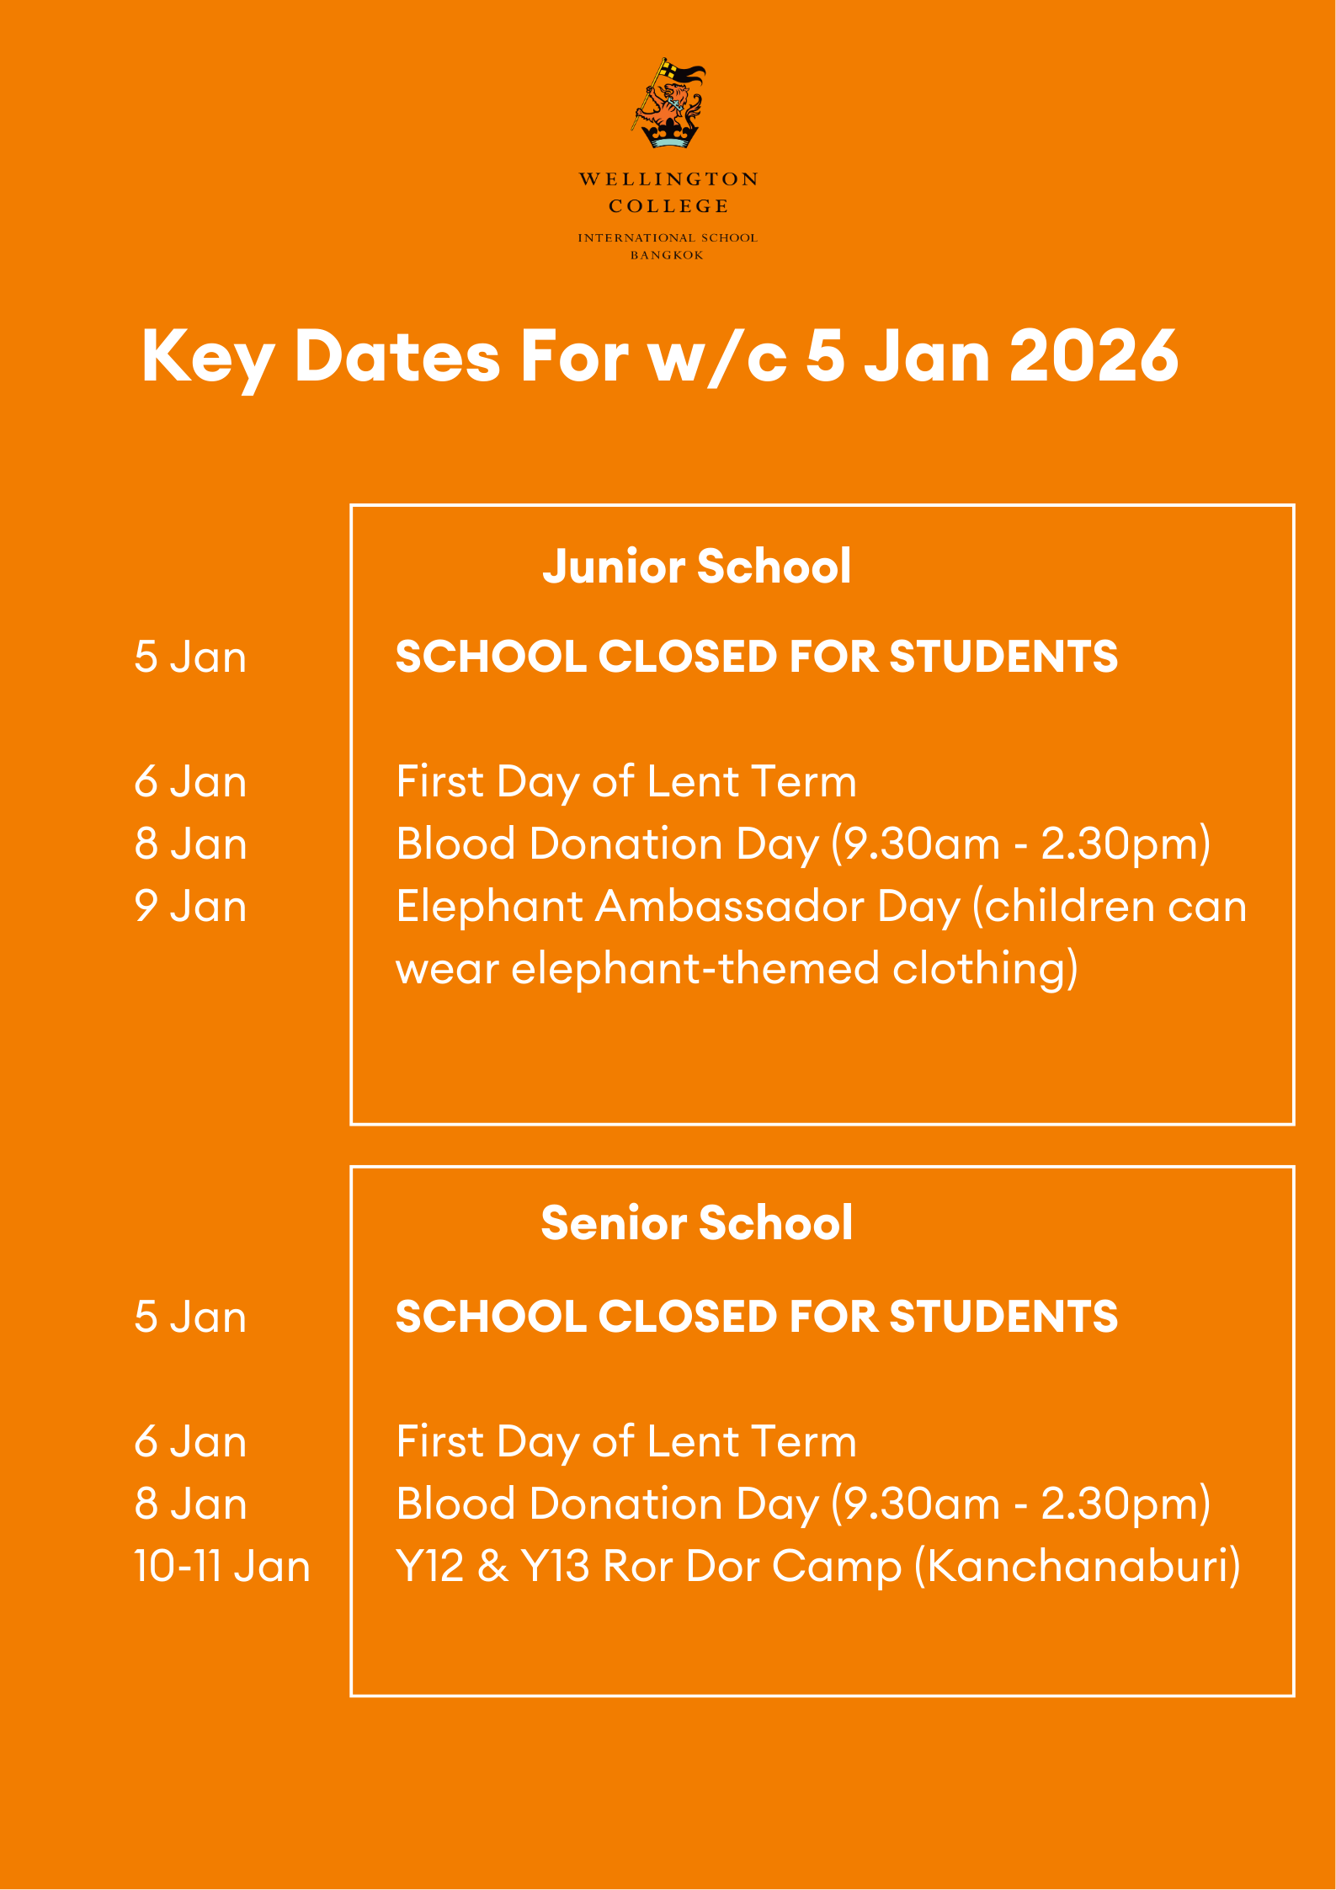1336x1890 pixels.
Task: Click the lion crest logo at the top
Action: click(668, 104)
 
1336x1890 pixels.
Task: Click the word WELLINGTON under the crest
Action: click(668, 179)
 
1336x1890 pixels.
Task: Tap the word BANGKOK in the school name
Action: click(667, 255)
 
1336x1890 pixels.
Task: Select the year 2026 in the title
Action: click(1094, 356)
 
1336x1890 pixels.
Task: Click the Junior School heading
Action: click(696, 566)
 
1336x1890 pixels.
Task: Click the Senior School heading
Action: click(696, 1222)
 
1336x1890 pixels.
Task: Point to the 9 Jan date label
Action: click(190, 907)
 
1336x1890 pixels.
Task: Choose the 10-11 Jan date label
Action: click(222, 1567)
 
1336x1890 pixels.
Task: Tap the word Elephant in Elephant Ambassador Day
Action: click(489, 907)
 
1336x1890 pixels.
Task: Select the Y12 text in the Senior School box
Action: click(429, 1567)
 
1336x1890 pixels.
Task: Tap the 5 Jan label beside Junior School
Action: click(190, 657)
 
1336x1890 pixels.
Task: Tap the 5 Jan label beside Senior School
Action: click(190, 1317)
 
